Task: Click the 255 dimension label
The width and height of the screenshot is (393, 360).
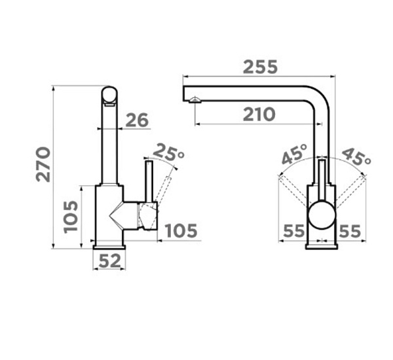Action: (261, 67)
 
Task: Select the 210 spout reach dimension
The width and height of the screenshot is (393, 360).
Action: (259, 115)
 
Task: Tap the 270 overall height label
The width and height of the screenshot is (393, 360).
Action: (43, 164)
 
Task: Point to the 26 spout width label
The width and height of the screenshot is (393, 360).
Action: (137, 120)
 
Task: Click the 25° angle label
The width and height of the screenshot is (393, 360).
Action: (168, 152)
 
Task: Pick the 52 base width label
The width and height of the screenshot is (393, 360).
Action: (110, 261)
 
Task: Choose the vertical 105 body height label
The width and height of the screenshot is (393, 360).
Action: (71, 217)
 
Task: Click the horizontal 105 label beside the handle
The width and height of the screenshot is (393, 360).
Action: (181, 230)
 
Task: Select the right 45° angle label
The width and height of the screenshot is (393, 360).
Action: (356, 157)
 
